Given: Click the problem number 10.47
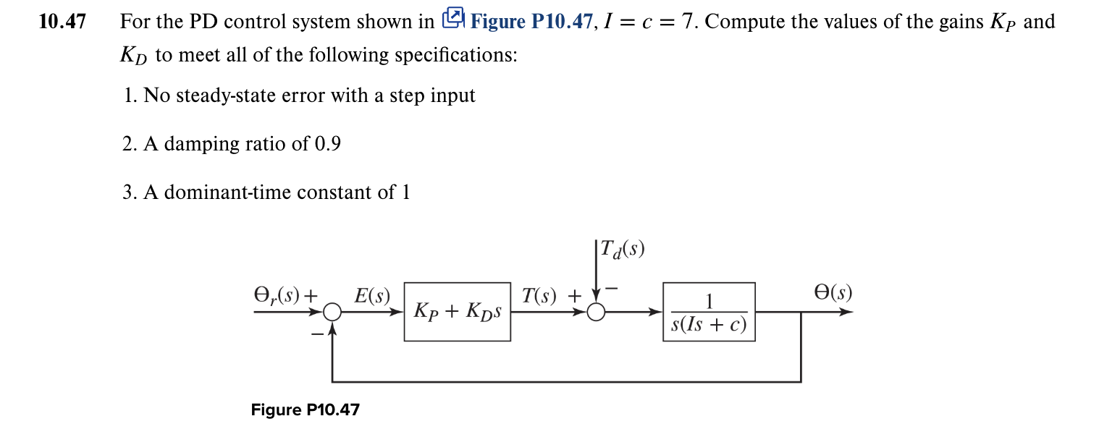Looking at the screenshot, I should pyautogui.click(x=62, y=22).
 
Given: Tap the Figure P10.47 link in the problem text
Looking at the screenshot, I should pyautogui.click(x=531, y=22).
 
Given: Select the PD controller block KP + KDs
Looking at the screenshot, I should pyautogui.click(x=458, y=312).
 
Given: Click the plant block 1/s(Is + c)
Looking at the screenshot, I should pyautogui.click(x=709, y=312).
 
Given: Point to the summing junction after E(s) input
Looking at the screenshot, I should pyautogui.click(x=332, y=312).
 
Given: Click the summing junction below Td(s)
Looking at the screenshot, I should pyautogui.click(x=596, y=312).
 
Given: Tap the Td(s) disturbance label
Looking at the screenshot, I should pyautogui.click(x=622, y=250).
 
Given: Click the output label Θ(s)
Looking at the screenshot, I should pyautogui.click(x=833, y=293).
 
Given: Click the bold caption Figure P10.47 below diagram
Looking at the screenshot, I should pyautogui.click(x=305, y=410).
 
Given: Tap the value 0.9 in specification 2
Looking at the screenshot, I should pyautogui.click(x=327, y=144).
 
